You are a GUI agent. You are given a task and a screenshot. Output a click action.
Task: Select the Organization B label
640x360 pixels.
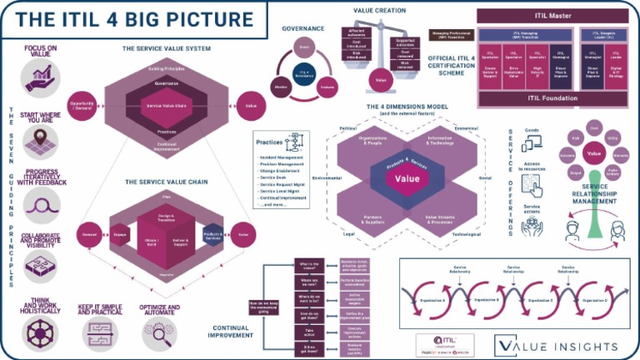(486, 298)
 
